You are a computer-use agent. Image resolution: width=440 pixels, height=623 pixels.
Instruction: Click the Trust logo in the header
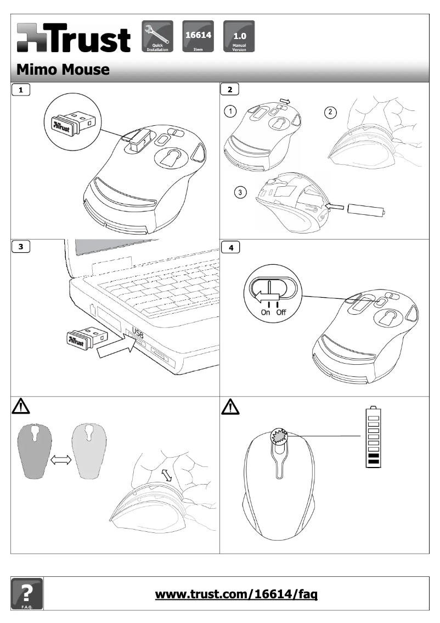click(74, 38)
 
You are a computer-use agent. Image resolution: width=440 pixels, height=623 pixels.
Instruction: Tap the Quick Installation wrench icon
click(157, 36)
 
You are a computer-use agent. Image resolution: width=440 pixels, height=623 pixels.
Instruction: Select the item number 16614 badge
click(198, 36)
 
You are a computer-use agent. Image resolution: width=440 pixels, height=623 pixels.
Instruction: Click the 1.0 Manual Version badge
click(239, 36)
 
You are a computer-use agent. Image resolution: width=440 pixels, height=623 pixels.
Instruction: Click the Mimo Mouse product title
click(63, 70)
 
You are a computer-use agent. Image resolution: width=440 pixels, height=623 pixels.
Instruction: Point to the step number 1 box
click(21, 88)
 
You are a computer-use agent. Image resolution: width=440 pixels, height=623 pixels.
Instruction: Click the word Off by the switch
click(281, 312)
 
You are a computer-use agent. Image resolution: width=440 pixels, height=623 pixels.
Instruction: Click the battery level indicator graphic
click(374, 437)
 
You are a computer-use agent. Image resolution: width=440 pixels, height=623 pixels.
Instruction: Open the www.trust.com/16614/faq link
click(237, 594)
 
